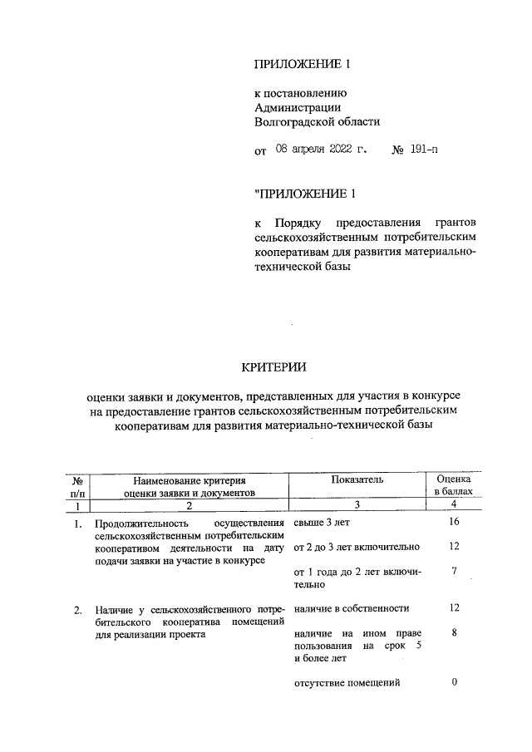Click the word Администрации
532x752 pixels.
tap(297, 106)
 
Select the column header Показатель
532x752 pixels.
tap(357, 479)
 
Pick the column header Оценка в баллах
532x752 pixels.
tap(454, 485)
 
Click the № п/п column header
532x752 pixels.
tap(76, 485)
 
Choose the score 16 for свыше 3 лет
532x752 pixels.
tap(454, 522)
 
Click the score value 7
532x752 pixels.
tap(454, 572)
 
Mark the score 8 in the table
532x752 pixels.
tap(454, 632)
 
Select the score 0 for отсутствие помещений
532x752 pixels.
tap(454, 682)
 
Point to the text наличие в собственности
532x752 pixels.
tap(352, 607)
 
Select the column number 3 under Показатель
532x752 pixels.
tap(357, 504)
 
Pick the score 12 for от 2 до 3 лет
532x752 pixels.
tap(454, 547)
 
